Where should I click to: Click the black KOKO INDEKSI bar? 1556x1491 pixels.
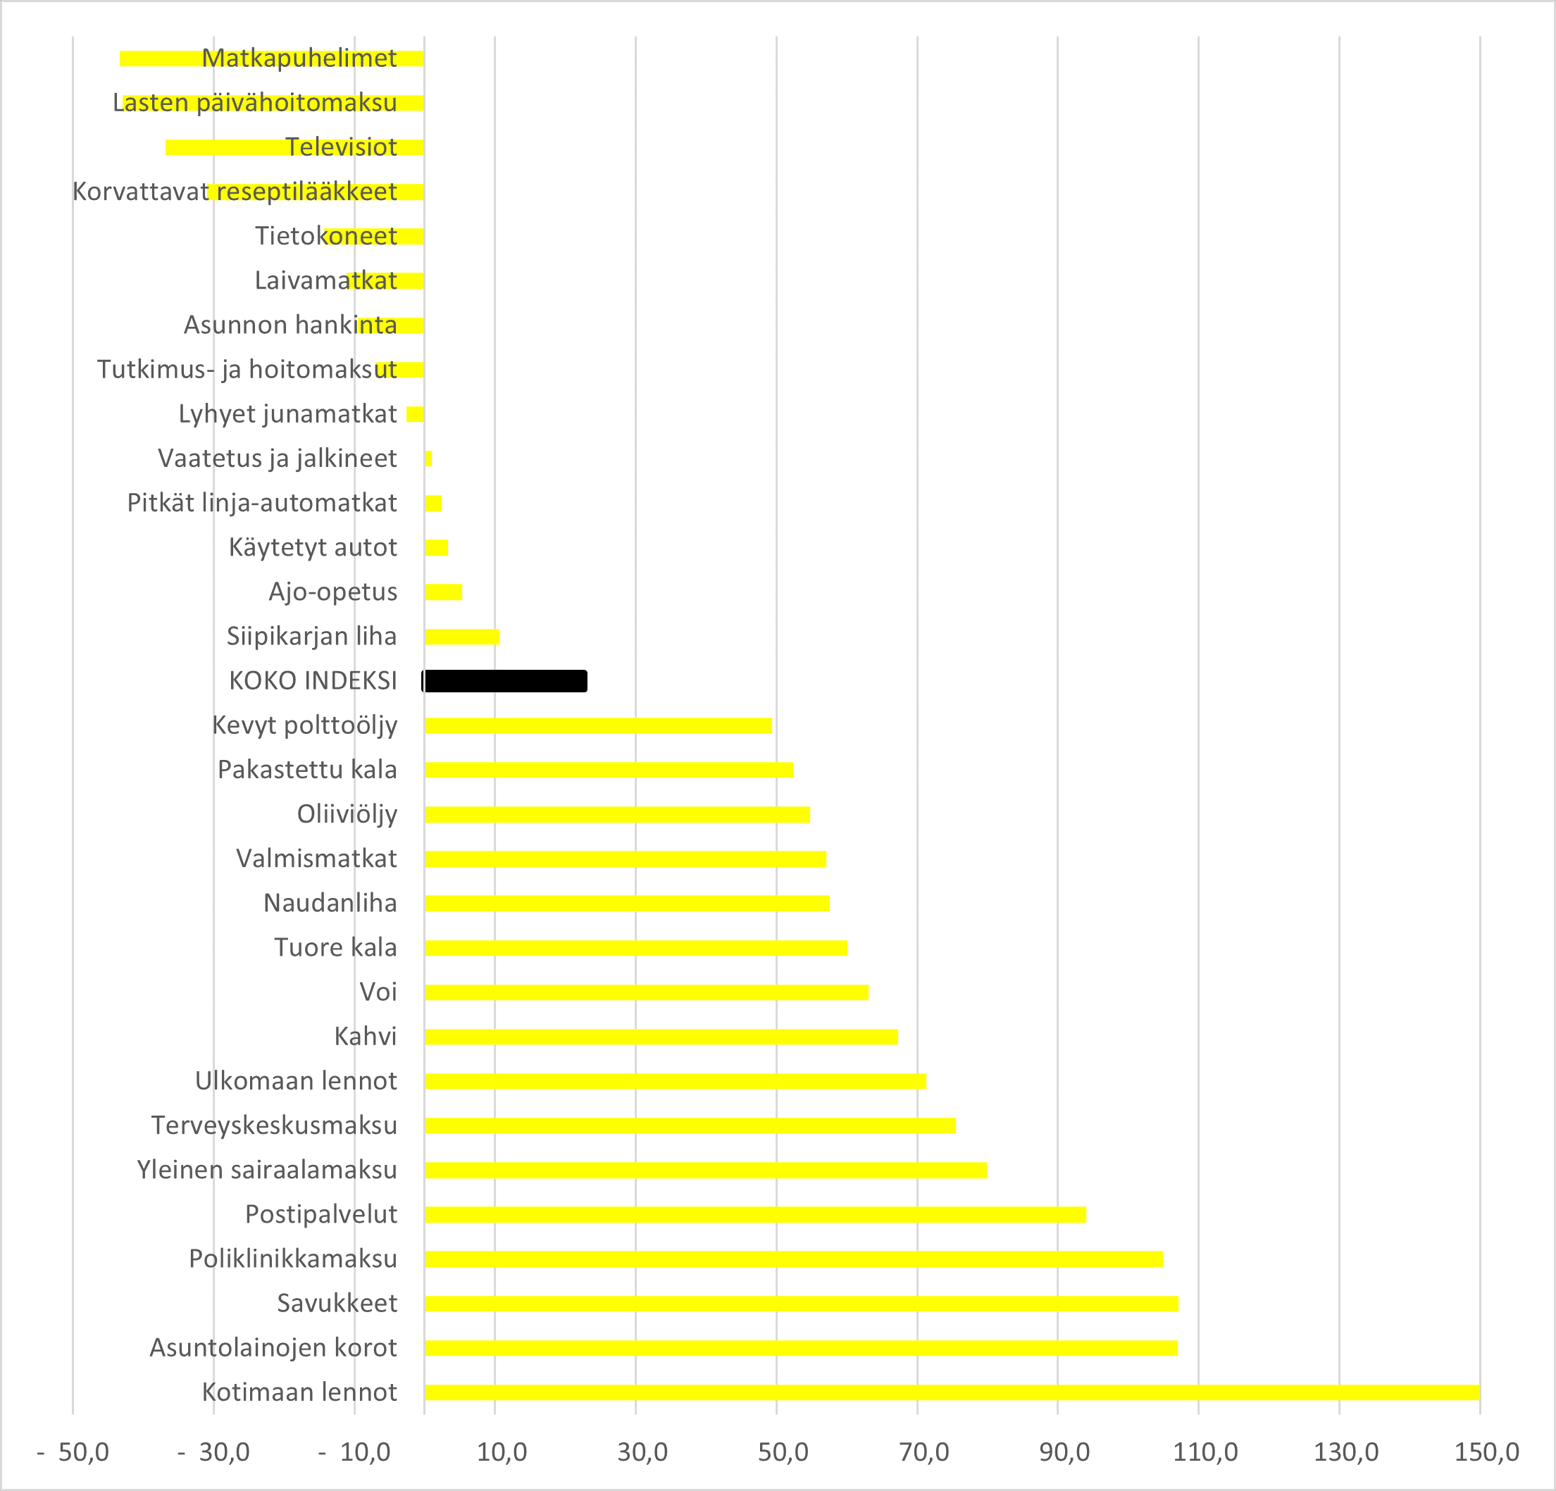tap(505, 680)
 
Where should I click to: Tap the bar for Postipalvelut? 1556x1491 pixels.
tap(754, 1214)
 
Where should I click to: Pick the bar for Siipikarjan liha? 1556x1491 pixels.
tap(461, 636)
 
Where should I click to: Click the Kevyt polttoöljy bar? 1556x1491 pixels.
tap(598, 725)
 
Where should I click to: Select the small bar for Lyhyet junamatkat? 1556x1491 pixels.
tap(414, 413)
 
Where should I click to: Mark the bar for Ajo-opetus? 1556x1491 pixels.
tap(443, 592)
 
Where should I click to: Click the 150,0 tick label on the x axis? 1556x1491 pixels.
tap(1486, 1452)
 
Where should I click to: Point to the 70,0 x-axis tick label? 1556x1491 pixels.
tap(923, 1452)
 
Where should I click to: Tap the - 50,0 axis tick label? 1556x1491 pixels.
tap(73, 1452)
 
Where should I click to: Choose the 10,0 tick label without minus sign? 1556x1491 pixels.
tap(502, 1452)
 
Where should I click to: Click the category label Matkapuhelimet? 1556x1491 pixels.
tap(299, 58)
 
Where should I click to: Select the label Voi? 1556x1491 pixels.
tap(378, 992)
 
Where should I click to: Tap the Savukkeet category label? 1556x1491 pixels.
tap(337, 1303)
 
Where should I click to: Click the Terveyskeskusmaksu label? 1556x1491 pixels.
tap(274, 1125)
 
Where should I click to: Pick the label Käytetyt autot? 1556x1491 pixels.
tap(313, 547)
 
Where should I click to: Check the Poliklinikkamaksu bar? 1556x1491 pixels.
tap(793, 1259)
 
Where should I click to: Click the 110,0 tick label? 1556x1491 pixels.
tap(1205, 1452)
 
